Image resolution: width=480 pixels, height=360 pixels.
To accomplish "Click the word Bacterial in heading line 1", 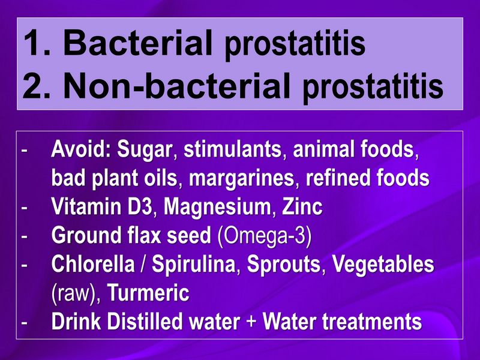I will point(137,44).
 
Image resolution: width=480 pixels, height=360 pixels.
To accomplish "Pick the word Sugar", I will point(144,150).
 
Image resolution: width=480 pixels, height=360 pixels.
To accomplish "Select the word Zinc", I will point(302,207).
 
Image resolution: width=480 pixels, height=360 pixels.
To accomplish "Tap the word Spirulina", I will point(186,265).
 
